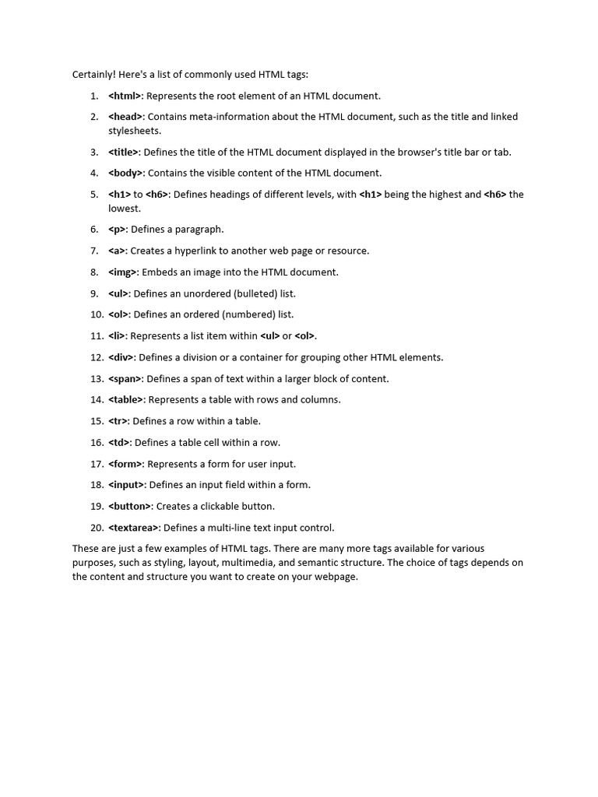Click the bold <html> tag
pos(125,96)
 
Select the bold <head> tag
pos(125,117)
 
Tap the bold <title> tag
pos(124,153)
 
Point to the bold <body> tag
pos(125,174)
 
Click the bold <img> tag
pos(123,272)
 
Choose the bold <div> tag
pos(122,357)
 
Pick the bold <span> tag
pos(125,379)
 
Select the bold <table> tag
pos(126,400)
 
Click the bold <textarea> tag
pos(134,528)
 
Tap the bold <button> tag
pos(130,506)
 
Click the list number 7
pos(94,251)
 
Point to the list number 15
pos(97,421)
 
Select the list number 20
pos(97,528)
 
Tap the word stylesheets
pos(135,131)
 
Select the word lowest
pos(125,209)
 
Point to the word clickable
pos(213,506)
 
